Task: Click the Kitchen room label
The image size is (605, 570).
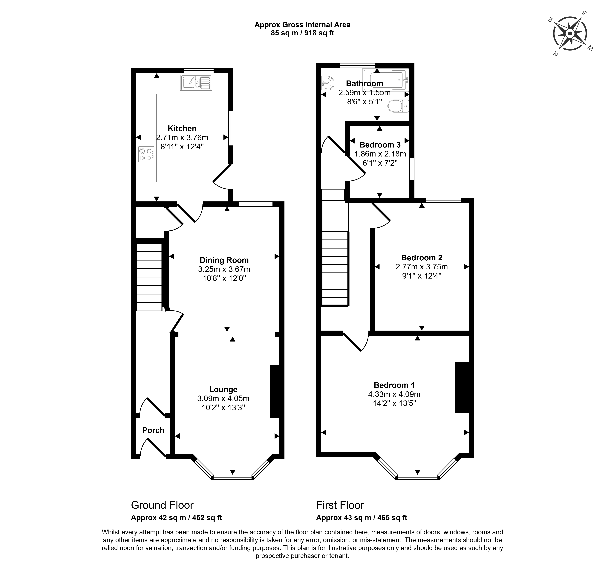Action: (182, 128)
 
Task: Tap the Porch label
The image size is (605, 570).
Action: (153, 430)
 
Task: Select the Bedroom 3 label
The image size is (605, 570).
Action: (380, 145)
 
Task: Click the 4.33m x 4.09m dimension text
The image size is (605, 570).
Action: (394, 394)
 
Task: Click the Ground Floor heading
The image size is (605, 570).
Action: (162, 505)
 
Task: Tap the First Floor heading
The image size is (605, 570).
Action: (340, 505)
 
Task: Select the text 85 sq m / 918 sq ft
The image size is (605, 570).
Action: (302, 33)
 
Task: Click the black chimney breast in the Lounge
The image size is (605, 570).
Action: (275, 392)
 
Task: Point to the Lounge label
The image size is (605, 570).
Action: (223, 389)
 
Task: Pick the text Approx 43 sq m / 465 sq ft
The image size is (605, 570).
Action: (362, 518)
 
